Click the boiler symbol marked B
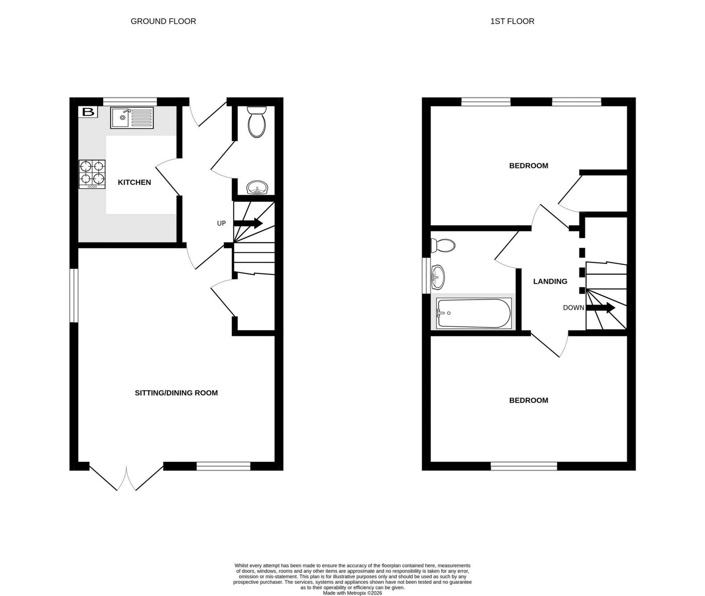pos(88,112)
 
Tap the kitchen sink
pos(131,118)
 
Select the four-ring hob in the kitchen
pos(92,174)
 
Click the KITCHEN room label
pos(134,182)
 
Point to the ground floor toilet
pos(257,122)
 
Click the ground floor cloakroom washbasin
pos(257,188)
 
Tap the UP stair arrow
pos(248,223)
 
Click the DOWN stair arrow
pos(600,308)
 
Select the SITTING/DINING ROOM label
pos(176,393)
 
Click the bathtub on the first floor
pos(473,314)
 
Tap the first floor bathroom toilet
pos(443,245)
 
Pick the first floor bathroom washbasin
pos(438,277)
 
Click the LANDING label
pos(550,281)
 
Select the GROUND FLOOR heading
pos(163,21)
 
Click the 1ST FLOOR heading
pos(512,21)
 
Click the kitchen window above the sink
pos(130,101)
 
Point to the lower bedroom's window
pos(524,466)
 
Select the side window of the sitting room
pos(74,296)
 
